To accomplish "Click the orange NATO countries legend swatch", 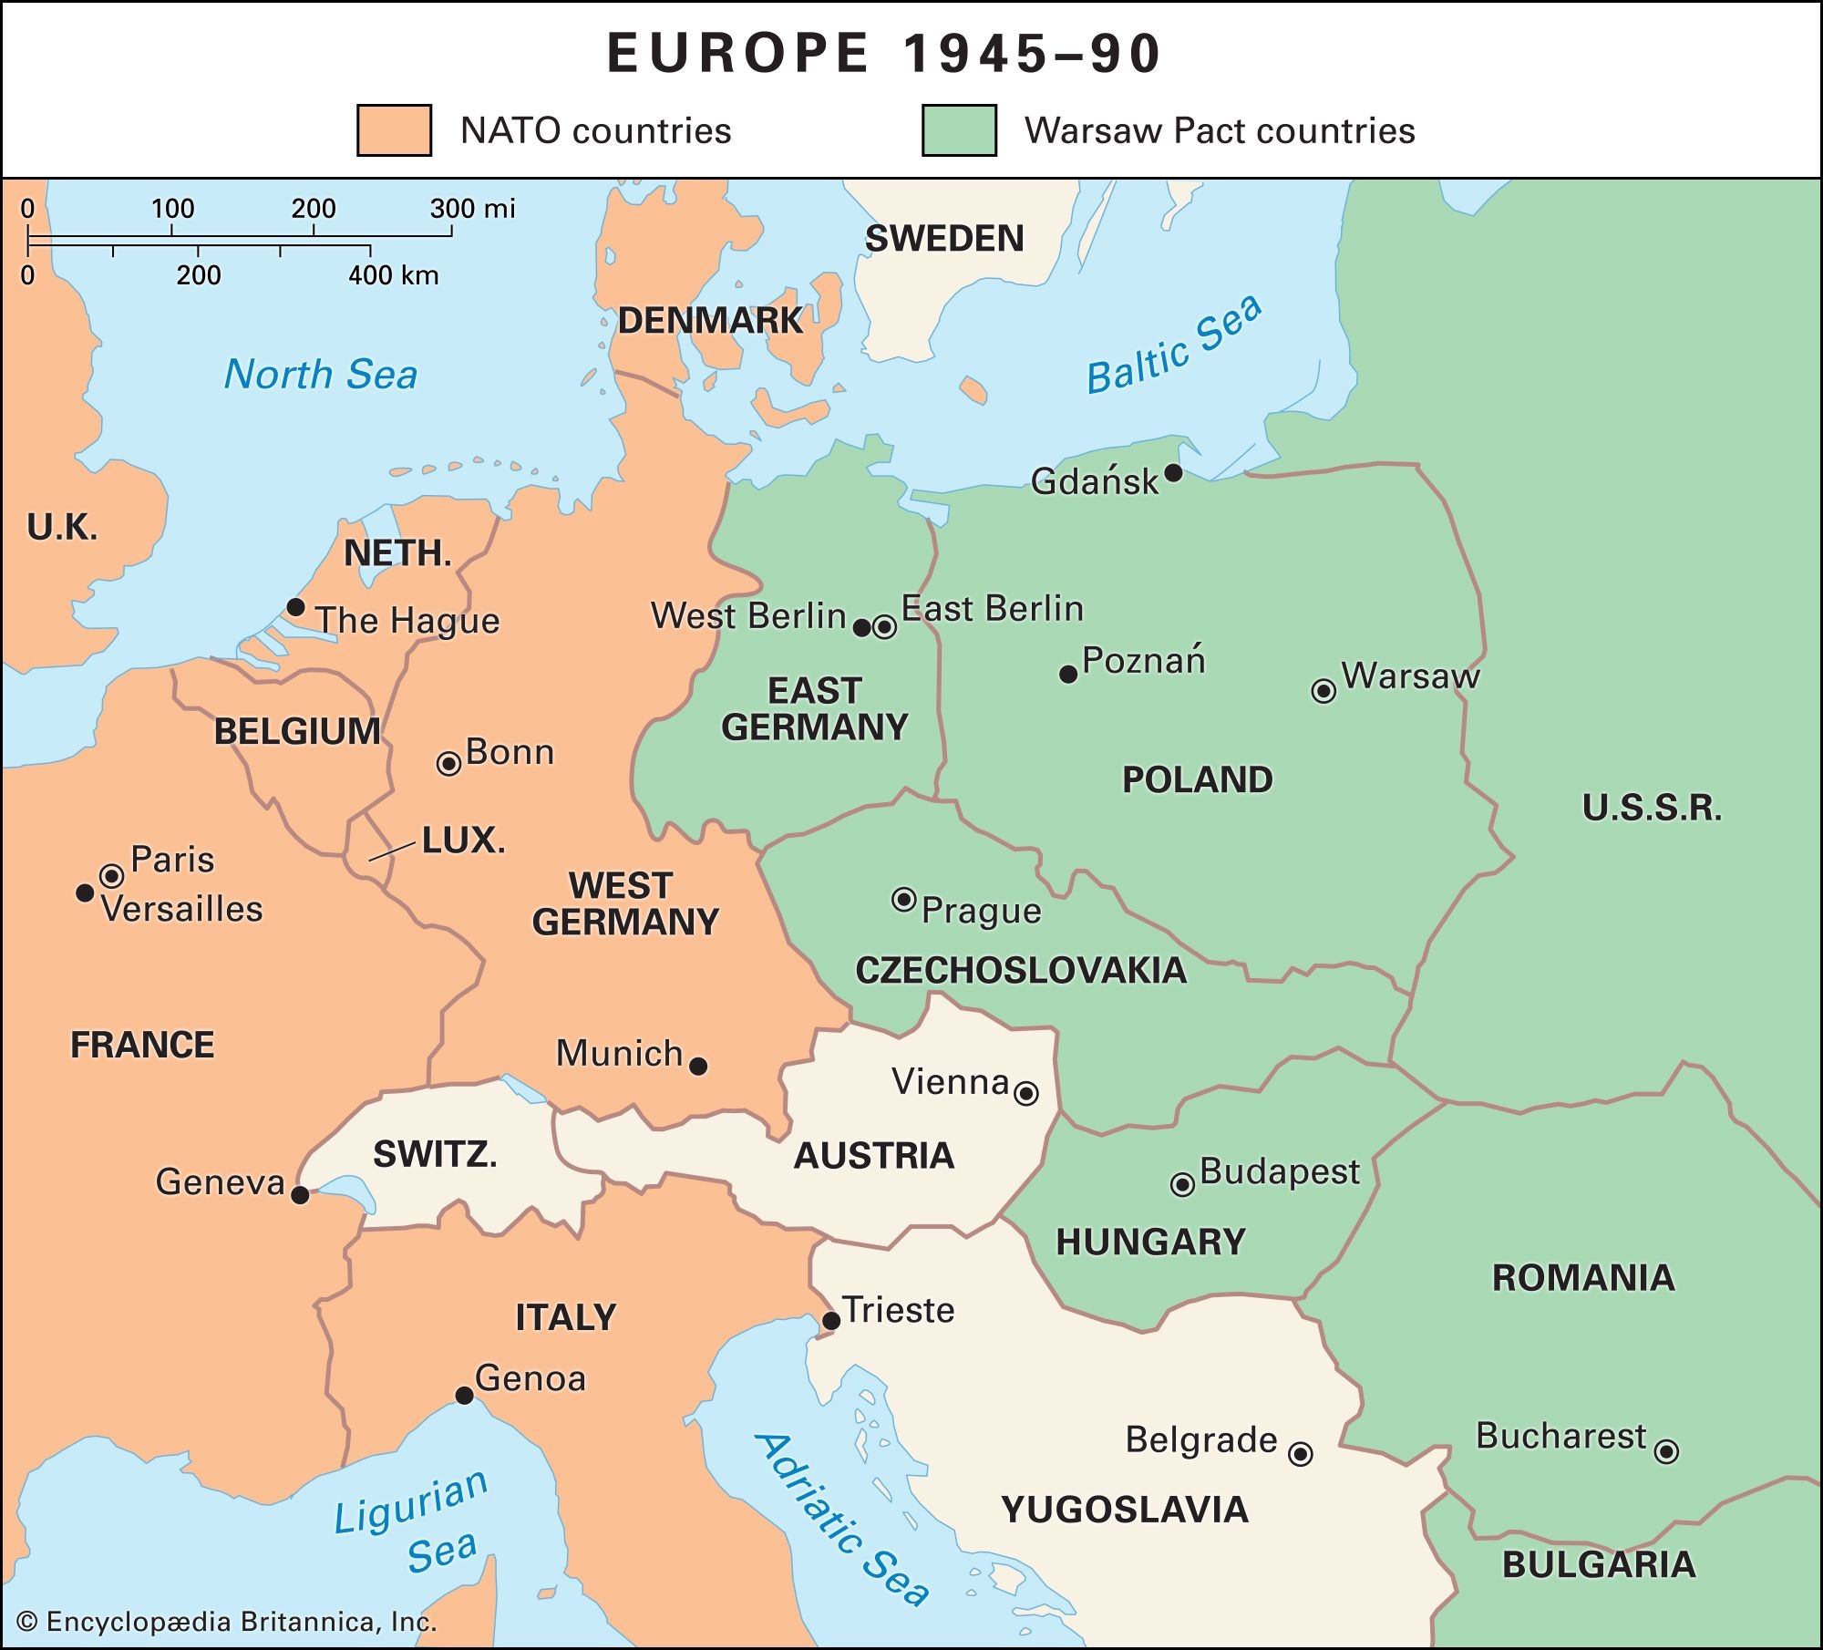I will click(x=394, y=130).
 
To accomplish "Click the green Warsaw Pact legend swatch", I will click(x=959, y=130).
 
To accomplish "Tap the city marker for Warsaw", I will click(x=1323, y=691).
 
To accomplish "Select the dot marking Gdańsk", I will click(x=1174, y=472).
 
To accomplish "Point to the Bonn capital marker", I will click(x=448, y=763).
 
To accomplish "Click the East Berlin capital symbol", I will click(x=884, y=627).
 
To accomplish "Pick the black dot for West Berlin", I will click(x=861, y=627).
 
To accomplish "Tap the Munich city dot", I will click(x=698, y=1066).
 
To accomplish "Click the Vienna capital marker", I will click(x=1026, y=1093).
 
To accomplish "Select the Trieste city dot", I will click(x=831, y=1320).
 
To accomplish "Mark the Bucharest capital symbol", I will click(x=1666, y=1450).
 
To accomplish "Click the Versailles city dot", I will click(x=85, y=892).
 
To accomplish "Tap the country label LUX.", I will click(x=463, y=840).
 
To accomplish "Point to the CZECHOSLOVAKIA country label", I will click(x=1021, y=970).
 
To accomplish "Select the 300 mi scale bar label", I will click(x=472, y=209).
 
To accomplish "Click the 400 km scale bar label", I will click(x=394, y=275).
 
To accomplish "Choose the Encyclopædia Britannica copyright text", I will click(x=228, y=1622).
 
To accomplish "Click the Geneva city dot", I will click(x=300, y=1194).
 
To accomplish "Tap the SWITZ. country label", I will click(x=435, y=1155).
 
